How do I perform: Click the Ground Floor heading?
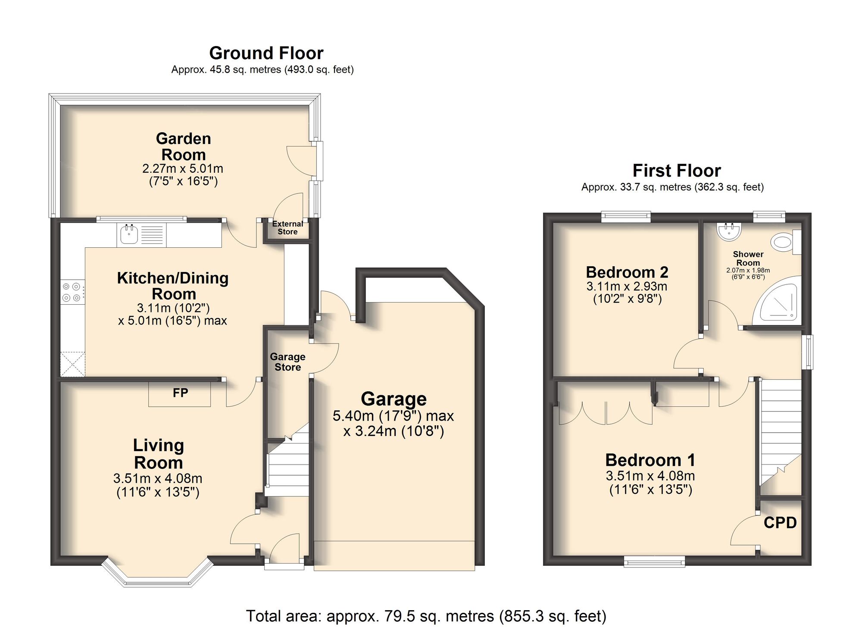266,53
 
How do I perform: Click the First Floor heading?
677,171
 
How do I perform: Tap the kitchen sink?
129,234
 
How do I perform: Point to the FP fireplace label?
180,393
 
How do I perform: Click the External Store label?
287,228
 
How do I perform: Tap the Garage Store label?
287,362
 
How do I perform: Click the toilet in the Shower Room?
786,242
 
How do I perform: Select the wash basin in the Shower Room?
729,231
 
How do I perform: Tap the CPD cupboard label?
780,523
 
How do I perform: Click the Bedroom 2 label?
627,272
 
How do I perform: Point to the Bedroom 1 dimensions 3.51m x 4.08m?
650,476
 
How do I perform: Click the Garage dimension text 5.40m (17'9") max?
393,416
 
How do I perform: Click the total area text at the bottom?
426,616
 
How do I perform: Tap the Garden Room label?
184,147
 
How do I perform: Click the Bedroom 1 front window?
654,561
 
